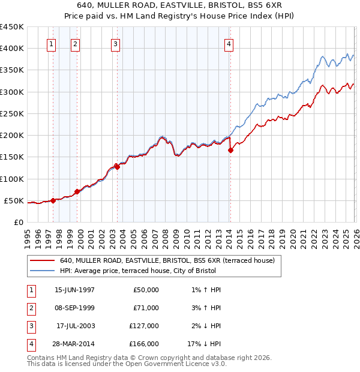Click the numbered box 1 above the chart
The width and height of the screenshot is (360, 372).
[52, 43]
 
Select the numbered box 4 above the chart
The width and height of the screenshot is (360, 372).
[229, 43]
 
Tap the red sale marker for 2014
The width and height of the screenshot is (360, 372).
[230, 151]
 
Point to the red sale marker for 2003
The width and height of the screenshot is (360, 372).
[117, 167]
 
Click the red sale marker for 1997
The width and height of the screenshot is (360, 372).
[53, 200]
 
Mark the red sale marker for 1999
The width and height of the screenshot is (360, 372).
[77, 191]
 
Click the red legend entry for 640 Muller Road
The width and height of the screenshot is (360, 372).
[167, 260]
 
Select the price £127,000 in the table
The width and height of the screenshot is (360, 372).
[144, 326]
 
